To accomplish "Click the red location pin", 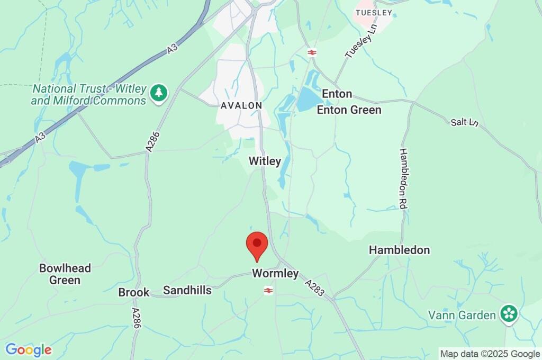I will pyautogui.click(x=257, y=245).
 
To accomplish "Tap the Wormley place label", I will pyautogui.click(x=275, y=274).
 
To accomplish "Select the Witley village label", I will pyautogui.click(x=265, y=161).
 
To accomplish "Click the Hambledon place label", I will pyautogui.click(x=399, y=250).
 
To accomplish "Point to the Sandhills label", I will pyautogui.click(x=187, y=290).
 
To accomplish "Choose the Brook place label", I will pyautogui.click(x=133, y=292).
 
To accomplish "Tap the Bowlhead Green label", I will pyautogui.click(x=65, y=274).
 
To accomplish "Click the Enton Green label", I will pyautogui.click(x=349, y=110).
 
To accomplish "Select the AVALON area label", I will pyautogui.click(x=241, y=105).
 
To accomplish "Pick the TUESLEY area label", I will pyautogui.click(x=374, y=12).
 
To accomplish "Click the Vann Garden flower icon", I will pyautogui.click(x=510, y=313).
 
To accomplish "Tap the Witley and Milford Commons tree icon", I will pyautogui.click(x=158, y=93).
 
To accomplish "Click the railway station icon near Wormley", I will pyautogui.click(x=268, y=290).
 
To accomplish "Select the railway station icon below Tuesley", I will pyautogui.click(x=312, y=52).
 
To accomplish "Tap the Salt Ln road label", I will pyautogui.click(x=465, y=122).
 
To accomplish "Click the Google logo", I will pyautogui.click(x=29, y=350).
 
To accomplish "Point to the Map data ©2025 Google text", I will pyautogui.click(x=490, y=354).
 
